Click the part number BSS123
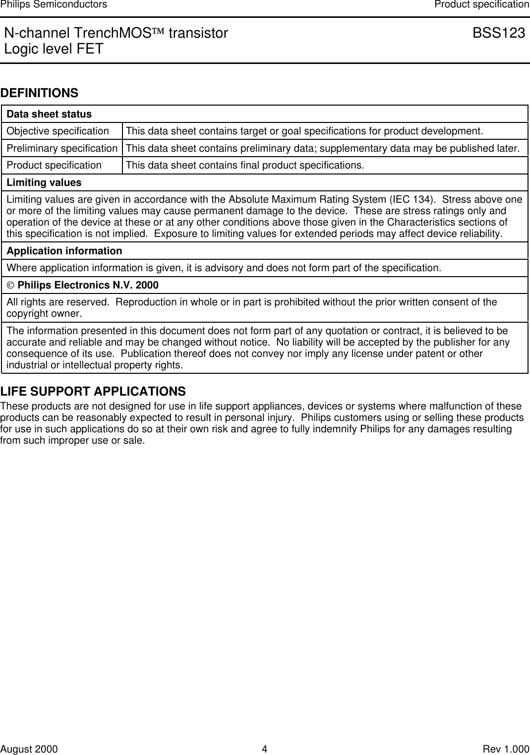coord(498,33)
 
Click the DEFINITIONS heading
coord(40,93)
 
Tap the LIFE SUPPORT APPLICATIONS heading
coord(93,392)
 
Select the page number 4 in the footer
coord(265,749)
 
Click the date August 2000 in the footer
coord(29,749)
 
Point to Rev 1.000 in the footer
coord(506,749)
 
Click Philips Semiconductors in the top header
coord(54,4)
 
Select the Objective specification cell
coord(58,131)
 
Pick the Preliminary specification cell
coord(62,148)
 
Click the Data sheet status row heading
coord(49,114)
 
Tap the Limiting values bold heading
coord(44,182)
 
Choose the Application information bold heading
coord(64,251)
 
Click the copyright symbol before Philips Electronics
coord(10,286)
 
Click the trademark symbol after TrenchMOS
coord(160,33)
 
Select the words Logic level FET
coord(54,49)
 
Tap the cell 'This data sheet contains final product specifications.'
coord(245,165)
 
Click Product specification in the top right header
coord(481,4)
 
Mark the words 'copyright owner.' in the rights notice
coord(44,314)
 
